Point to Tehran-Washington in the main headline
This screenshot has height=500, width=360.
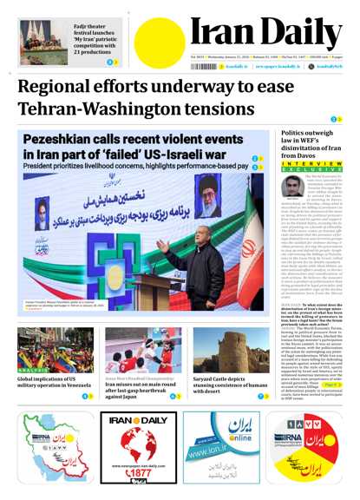pos(100,111)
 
